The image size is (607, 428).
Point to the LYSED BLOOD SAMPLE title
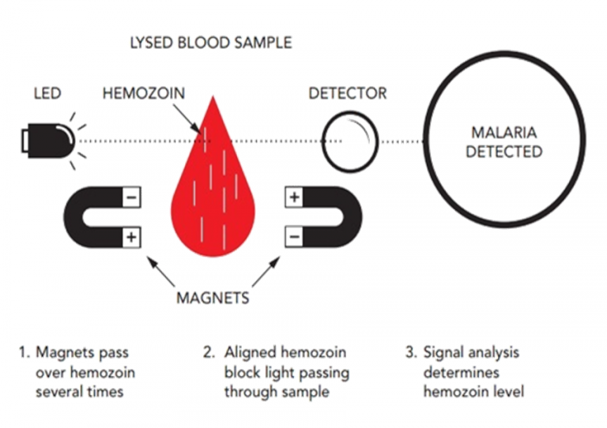(x=210, y=41)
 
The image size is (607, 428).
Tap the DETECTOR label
(x=347, y=93)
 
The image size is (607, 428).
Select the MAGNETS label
(x=213, y=298)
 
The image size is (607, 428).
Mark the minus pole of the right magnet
(x=294, y=235)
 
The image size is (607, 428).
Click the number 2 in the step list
(x=208, y=353)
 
